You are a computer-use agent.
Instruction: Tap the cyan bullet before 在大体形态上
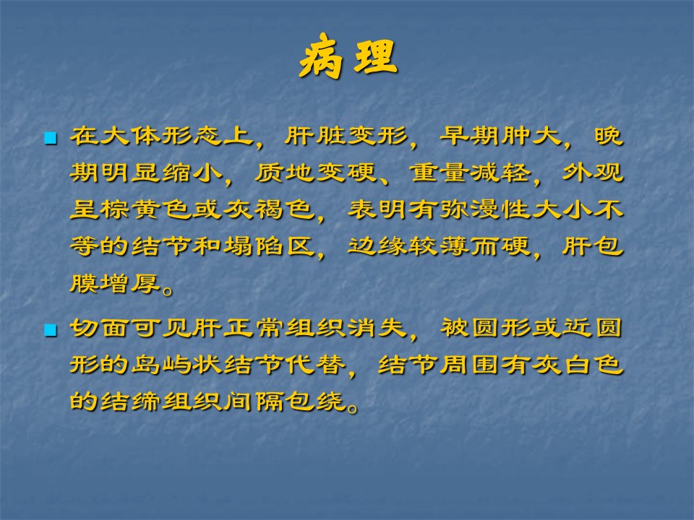[51, 138]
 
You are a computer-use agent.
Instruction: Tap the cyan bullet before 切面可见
[51, 330]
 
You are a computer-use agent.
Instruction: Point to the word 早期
[470, 135]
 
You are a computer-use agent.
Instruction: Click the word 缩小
[192, 172]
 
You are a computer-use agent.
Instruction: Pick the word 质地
[285, 172]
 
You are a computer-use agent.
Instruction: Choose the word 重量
[439, 172]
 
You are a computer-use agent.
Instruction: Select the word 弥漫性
[485, 209]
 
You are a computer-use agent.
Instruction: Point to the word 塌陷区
[269, 246]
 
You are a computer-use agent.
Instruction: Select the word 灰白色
[578, 365]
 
